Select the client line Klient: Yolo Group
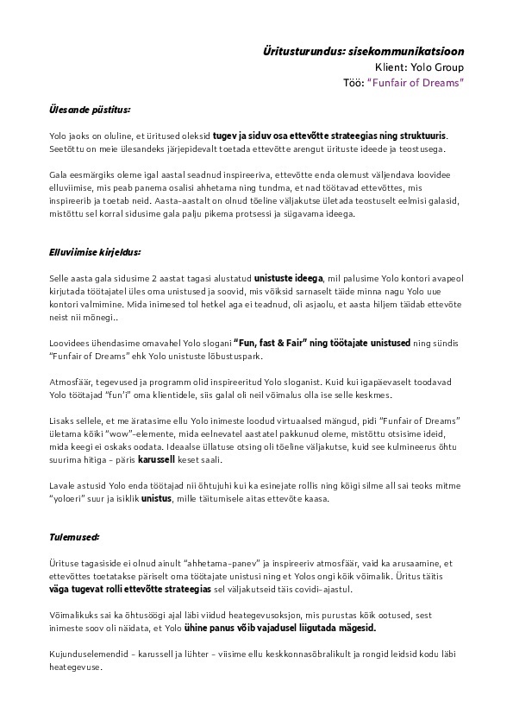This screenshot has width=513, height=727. click(419, 66)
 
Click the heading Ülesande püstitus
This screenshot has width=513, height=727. click(89, 110)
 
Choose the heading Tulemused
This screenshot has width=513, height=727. click(73, 537)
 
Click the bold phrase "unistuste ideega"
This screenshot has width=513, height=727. click(289, 278)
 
